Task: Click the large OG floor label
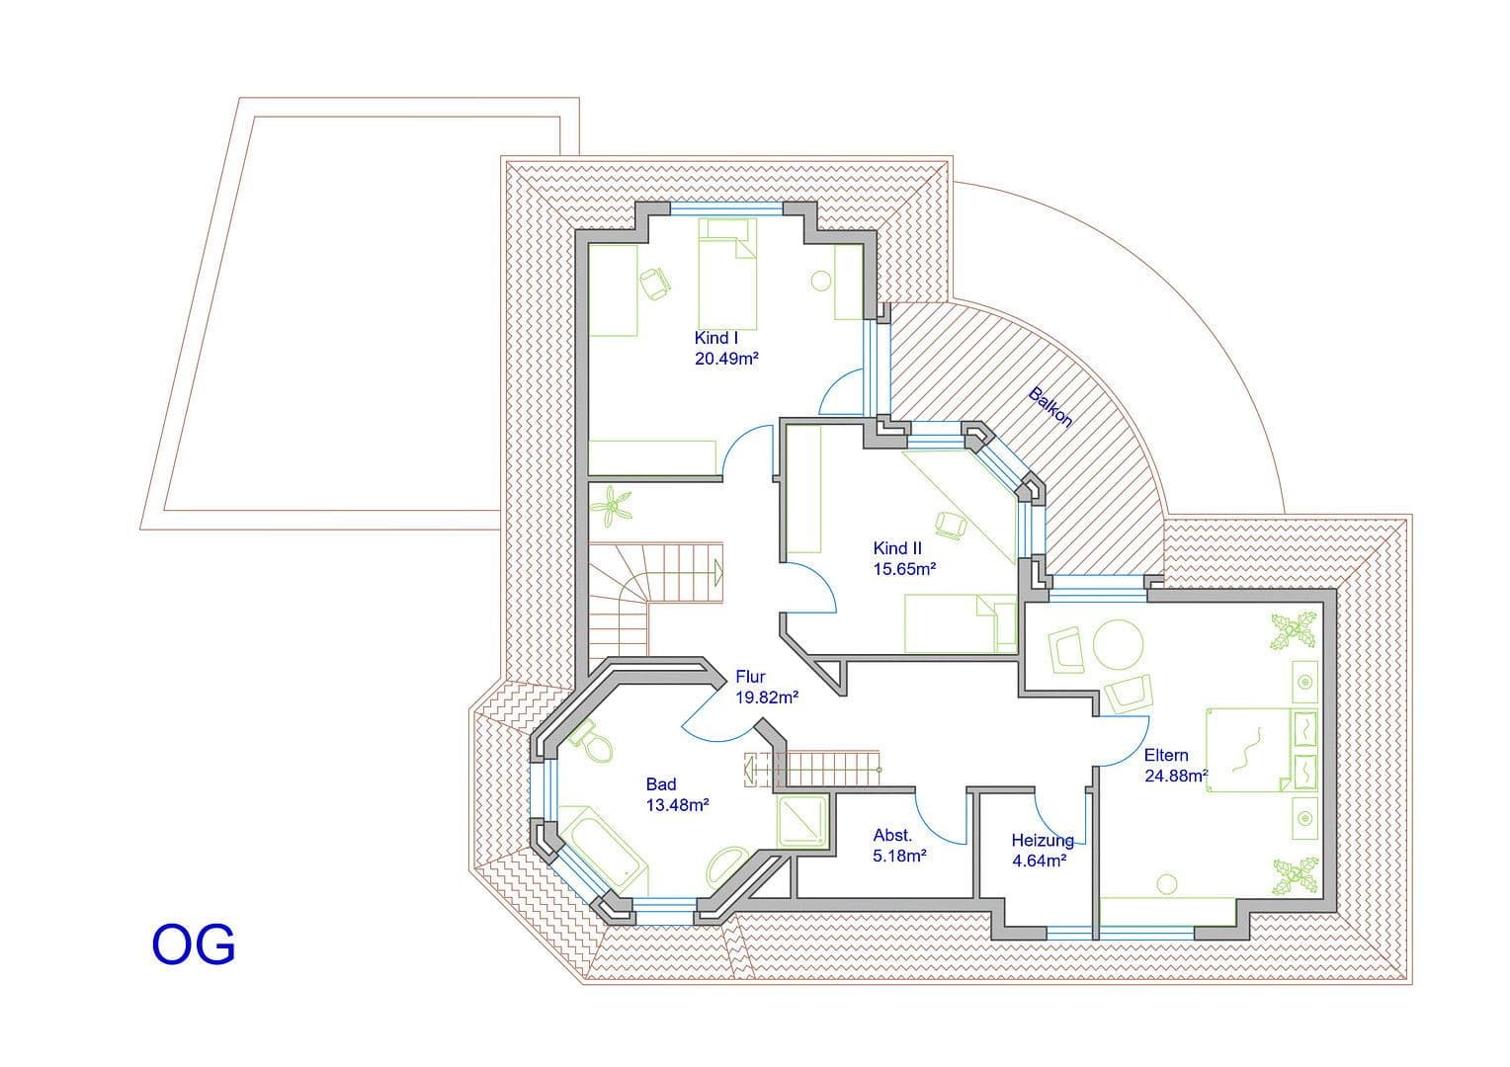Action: click(194, 944)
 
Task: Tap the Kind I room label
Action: click(716, 338)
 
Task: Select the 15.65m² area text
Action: click(904, 569)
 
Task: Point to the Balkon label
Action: click(1050, 406)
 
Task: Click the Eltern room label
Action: click(1166, 755)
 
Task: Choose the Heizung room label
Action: click(1042, 841)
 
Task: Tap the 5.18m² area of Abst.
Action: click(899, 856)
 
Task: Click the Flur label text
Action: click(751, 677)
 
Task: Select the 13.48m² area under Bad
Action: click(677, 805)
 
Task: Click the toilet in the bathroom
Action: click(597, 745)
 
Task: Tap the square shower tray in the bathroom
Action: click(802, 819)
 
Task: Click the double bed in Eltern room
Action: click(1247, 749)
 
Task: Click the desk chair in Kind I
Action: click(654, 284)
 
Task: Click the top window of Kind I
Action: click(727, 208)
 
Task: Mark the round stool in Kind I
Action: click(820, 281)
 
